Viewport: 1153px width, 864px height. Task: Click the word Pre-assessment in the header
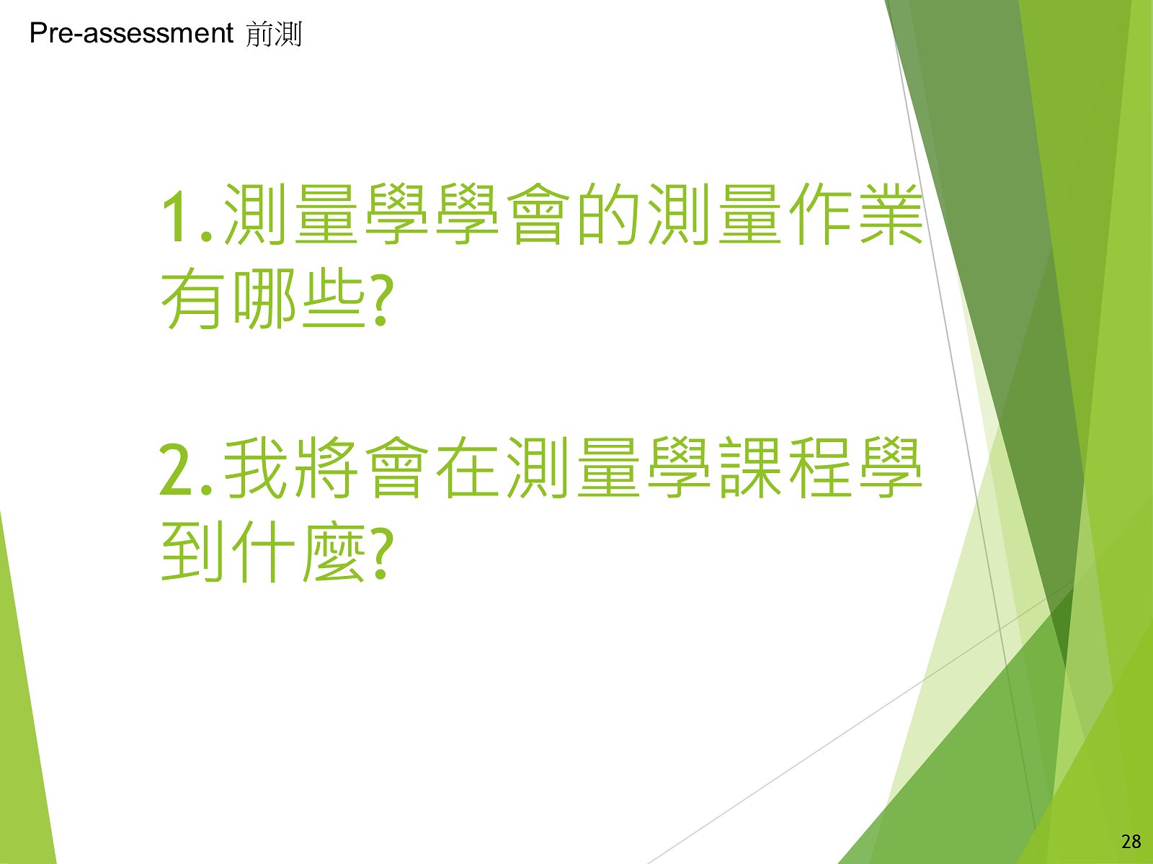131,34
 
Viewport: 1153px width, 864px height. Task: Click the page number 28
1131,842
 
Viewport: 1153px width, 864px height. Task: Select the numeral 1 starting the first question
179,215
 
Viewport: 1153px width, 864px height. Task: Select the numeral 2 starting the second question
177,469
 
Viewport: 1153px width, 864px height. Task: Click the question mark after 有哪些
382,300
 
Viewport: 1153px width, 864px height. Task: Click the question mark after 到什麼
382,554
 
